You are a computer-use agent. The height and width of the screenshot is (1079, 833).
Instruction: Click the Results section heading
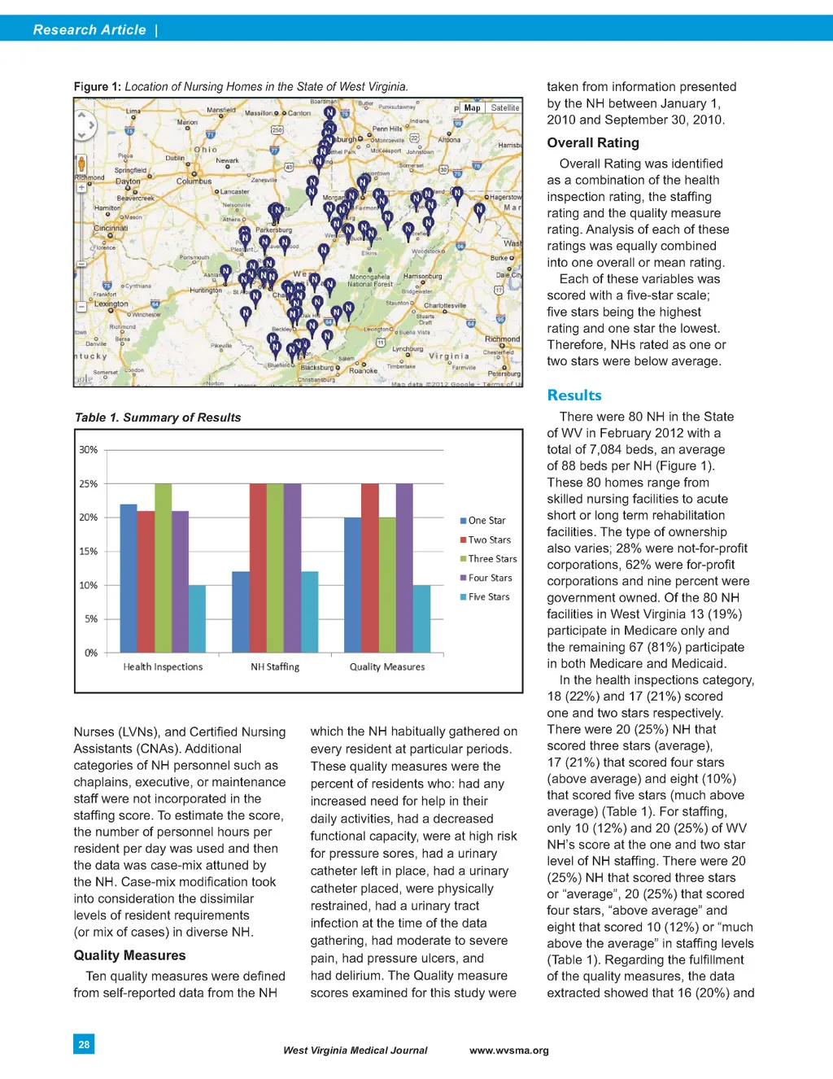(574, 395)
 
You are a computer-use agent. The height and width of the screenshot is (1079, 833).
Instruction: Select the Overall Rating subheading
(593, 142)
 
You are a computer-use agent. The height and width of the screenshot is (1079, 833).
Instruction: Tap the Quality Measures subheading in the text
(129, 955)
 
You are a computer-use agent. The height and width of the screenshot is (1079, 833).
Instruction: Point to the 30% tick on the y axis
(88, 450)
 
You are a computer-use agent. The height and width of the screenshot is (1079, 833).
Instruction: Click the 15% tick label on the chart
(88, 552)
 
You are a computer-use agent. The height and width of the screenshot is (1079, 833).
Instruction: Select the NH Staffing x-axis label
(275, 667)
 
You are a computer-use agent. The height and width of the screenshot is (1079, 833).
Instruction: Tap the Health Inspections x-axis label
(163, 667)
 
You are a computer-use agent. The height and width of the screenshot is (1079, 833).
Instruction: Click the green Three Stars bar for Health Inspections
(163, 568)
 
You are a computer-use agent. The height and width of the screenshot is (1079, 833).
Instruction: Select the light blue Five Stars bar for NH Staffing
(309, 612)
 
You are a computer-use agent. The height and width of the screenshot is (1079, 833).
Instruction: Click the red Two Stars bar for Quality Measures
(369, 568)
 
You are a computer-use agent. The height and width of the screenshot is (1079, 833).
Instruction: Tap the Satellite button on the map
(504, 107)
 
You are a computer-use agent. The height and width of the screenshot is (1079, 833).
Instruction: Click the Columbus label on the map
(194, 181)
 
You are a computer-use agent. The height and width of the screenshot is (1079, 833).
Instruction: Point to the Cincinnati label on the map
(111, 229)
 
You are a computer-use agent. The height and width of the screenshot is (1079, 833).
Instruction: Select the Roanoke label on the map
(363, 370)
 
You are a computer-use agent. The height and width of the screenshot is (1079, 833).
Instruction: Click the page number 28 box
(84, 1044)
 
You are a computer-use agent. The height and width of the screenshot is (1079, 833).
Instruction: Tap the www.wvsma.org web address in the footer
(509, 1051)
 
